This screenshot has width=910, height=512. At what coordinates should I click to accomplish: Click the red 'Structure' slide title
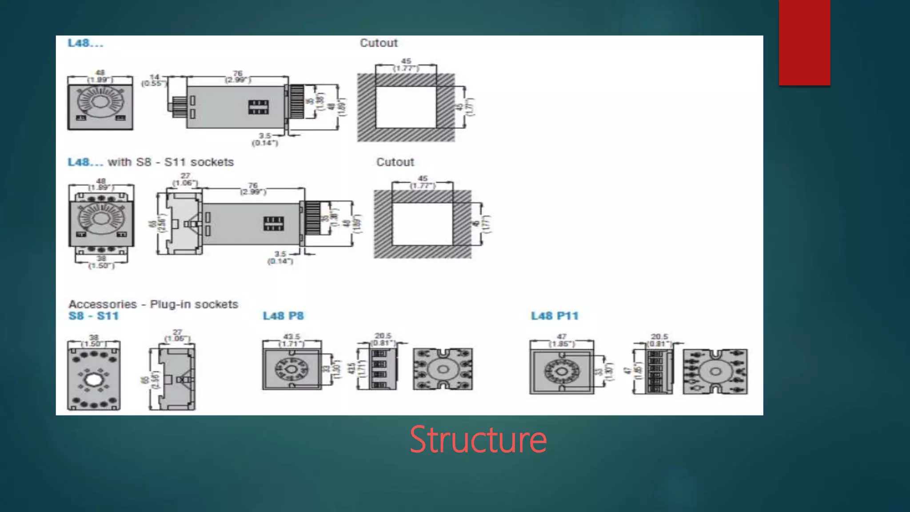[478, 440]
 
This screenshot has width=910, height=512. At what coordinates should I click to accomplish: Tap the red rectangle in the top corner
[804, 42]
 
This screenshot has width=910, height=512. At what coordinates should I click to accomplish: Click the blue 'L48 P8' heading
[283, 316]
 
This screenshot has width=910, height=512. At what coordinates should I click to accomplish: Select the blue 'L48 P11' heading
[555, 316]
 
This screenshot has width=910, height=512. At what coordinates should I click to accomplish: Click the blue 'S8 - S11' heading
[93, 316]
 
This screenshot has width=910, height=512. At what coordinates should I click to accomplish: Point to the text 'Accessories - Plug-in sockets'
[153, 304]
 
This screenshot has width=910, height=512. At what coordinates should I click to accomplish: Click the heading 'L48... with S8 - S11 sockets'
[150, 162]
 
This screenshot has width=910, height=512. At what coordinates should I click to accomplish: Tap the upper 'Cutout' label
[379, 43]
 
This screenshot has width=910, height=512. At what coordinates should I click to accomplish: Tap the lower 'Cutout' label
[395, 162]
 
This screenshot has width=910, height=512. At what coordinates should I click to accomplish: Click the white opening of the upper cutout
[406, 107]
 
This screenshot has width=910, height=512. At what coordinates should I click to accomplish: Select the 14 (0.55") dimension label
[154, 80]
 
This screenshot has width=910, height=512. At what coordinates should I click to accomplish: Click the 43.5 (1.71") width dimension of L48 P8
[291, 340]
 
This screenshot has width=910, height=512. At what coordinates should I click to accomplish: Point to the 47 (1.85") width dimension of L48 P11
[562, 340]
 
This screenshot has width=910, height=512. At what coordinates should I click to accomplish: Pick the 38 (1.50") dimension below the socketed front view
[101, 262]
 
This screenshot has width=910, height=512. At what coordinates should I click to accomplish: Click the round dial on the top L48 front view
[100, 102]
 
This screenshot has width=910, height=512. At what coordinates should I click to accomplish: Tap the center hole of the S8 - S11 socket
[93, 380]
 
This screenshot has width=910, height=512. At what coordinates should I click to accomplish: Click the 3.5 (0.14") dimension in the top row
[265, 139]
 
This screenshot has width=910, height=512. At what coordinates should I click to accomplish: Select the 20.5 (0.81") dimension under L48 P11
[659, 340]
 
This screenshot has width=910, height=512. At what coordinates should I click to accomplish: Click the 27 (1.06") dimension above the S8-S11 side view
[177, 336]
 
